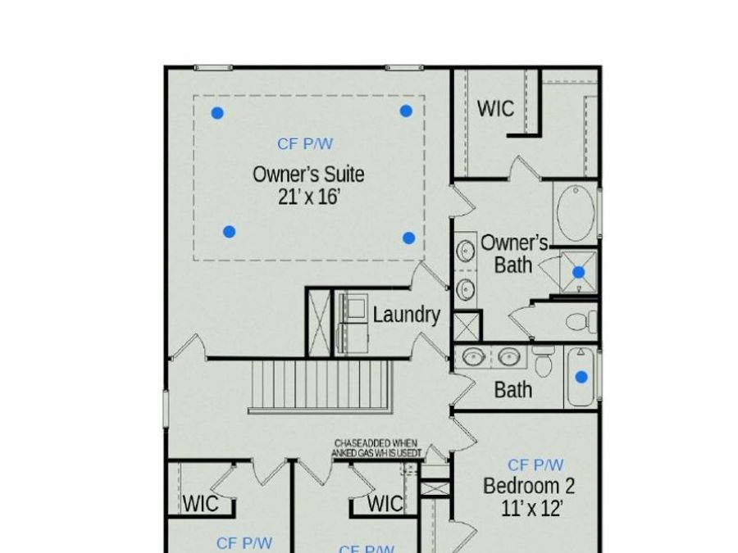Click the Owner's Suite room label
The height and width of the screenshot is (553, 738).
point(308,175)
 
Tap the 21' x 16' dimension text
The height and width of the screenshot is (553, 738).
point(308,197)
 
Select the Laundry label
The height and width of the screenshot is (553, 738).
point(406,315)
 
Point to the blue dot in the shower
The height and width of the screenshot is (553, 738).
point(579,272)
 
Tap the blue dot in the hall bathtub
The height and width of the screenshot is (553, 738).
point(581,378)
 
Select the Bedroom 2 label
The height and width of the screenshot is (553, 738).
point(529,486)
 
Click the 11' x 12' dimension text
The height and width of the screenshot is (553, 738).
point(531,509)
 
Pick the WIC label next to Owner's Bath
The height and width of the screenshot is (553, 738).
point(495,108)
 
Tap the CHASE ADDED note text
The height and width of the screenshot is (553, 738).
point(377,447)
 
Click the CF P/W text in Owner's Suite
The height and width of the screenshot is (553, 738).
point(305,144)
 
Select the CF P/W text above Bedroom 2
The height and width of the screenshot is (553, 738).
point(535,465)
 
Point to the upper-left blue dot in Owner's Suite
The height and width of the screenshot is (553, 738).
point(217,113)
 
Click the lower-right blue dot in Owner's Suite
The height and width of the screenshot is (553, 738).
point(408,238)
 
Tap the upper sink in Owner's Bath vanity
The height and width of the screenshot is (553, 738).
point(466,249)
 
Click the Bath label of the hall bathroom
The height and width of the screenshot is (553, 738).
point(512,390)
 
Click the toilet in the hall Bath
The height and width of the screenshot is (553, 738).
point(543,361)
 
